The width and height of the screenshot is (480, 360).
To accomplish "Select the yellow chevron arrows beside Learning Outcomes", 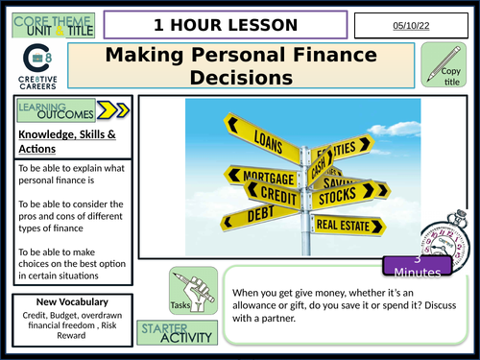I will (x=108, y=108).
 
